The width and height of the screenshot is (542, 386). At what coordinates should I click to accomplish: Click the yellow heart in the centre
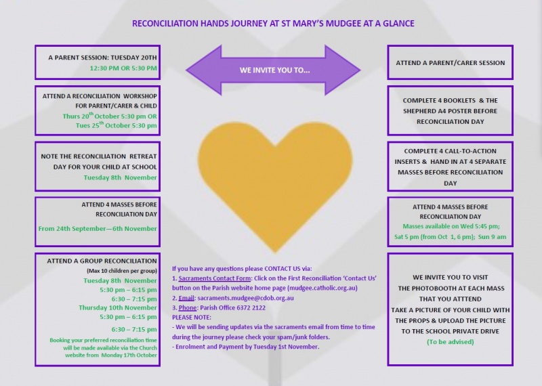click(x=275, y=183)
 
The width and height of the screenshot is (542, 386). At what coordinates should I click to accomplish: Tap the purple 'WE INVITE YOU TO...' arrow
click(x=274, y=70)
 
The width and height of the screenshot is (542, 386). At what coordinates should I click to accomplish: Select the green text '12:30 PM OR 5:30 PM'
click(x=123, y=68)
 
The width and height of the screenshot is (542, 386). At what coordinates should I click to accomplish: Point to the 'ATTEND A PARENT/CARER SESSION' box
click(x=450, y=62)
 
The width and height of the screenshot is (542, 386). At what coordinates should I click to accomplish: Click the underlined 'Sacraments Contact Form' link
click(x=214, y=278)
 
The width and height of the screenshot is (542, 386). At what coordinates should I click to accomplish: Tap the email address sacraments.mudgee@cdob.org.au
click(x=245, y=298)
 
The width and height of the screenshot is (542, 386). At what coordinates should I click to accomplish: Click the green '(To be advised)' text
click(x=450, y=342)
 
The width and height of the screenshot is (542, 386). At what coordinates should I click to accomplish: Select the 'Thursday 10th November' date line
click(x=117, y=307)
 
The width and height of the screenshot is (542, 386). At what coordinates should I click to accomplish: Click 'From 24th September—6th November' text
click(x=98, y=228)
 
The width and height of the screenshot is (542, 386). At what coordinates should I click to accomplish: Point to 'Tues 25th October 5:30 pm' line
click(x=116, y=125)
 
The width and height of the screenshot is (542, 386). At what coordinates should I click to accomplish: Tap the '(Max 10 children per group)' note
click(x=122, y=271)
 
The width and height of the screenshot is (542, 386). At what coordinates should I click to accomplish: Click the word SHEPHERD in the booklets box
click(x=417, y=111)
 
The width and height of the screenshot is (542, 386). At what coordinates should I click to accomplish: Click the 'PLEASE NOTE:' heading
click(x=192, y=317)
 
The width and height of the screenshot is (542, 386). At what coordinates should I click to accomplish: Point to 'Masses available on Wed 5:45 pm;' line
click(x=451, y=226)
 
